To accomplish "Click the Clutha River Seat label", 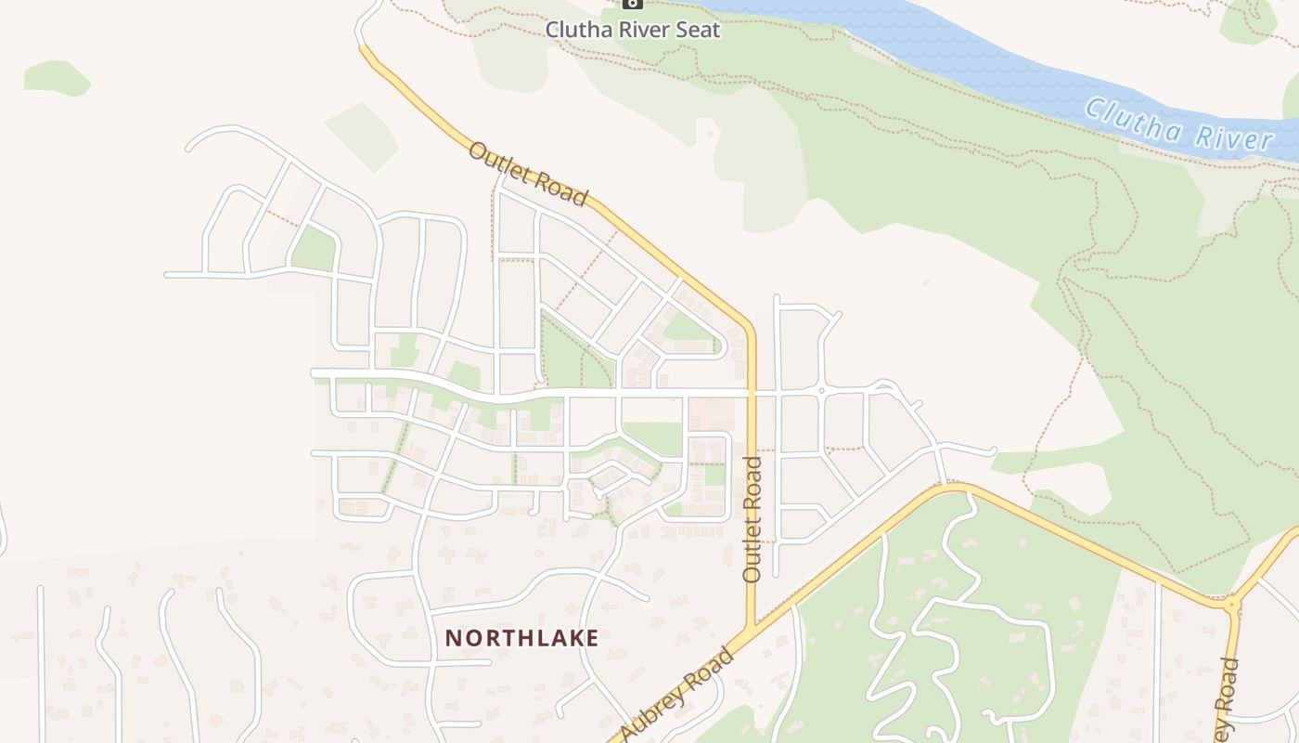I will coord(633,29).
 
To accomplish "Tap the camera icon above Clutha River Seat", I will coord(632,4).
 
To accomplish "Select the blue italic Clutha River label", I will coord(1179,125).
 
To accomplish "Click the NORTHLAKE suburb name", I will coord(521,638).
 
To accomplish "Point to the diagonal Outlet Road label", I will coord(528,175).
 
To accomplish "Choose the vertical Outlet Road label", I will coord(752,518).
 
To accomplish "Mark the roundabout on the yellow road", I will coord(1232,605).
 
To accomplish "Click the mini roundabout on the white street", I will coord(821,392).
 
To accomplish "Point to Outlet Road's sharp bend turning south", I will coord(749,325).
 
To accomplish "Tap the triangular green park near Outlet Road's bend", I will coord(687,328).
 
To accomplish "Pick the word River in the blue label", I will coord(1233,137).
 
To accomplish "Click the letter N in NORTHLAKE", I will coord(453,638).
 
